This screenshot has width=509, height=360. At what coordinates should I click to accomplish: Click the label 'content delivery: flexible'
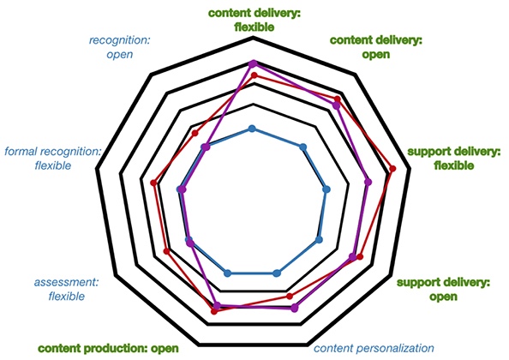[254, 20]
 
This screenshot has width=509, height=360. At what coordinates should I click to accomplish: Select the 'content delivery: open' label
[376, 47]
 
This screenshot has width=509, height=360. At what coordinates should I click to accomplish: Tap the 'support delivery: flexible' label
[454, 159]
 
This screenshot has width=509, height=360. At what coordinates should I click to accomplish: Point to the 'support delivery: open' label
[443, 289]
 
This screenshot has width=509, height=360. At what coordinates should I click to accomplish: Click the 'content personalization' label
[374, 348]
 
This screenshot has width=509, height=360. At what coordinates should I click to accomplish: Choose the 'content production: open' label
[109, 349]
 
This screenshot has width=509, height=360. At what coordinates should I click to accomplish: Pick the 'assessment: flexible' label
[66, 289]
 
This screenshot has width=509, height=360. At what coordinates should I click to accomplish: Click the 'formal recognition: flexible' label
[53, 159]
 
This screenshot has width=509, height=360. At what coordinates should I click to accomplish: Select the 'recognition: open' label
[120, 47]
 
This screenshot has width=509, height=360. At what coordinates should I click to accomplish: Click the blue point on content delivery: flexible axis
[252, 129]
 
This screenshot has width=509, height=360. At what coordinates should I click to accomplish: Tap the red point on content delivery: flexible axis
[254, 75]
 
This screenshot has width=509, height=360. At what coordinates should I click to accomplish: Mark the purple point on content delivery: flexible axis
[253, 63]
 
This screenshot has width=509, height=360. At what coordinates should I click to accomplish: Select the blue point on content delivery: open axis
[302, 147]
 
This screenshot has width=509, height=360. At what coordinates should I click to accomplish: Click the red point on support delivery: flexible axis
[392, 169]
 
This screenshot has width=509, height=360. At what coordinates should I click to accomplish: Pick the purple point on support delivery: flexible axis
[368, 182]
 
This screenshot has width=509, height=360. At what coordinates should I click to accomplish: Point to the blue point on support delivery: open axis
[319, 240]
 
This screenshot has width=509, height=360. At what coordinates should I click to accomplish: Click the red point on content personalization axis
[290, 296]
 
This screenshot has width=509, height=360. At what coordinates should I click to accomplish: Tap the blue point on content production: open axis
[228, 273]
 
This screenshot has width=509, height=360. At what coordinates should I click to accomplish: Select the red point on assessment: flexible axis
[167, 251]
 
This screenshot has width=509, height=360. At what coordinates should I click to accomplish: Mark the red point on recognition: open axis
[195, 133]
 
